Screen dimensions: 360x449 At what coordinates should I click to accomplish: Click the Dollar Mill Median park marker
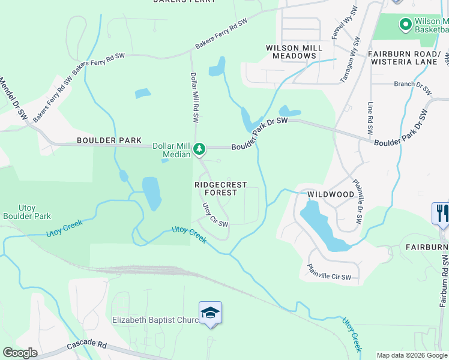point(199,148)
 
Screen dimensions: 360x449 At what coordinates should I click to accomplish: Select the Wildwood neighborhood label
point(331,195)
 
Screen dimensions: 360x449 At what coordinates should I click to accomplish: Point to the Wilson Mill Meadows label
point(294,52)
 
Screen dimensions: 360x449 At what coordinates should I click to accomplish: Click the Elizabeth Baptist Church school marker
point(210,313)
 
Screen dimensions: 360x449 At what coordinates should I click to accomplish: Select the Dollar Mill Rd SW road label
point(194,97)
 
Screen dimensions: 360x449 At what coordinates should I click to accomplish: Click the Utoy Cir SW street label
point(214,215)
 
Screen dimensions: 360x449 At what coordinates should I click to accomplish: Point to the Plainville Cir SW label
point(333,274)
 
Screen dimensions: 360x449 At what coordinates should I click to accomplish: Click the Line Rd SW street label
point(371,118)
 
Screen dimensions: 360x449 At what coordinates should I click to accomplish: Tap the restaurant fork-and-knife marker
point(441,214)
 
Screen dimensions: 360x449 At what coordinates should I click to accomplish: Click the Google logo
point(20,353)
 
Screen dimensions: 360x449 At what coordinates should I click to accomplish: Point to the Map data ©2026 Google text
point(412,355)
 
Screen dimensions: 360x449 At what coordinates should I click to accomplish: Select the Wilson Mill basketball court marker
point(405,25)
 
